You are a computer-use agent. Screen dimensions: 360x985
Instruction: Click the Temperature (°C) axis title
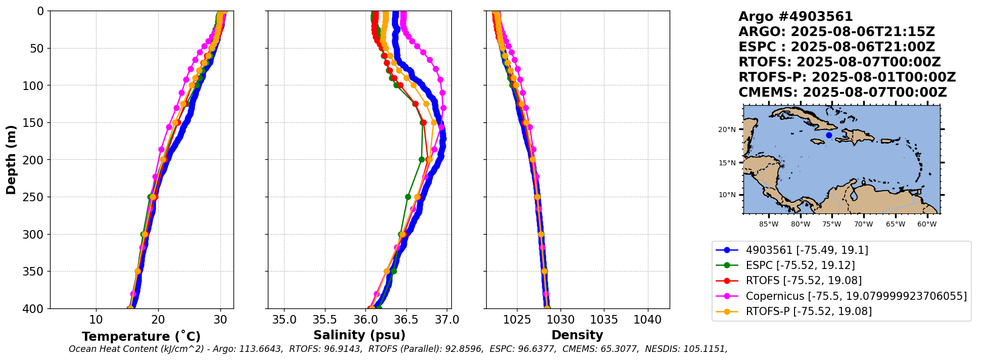click(141, 337)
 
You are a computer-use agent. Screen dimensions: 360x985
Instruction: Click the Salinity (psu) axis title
click(359, 335)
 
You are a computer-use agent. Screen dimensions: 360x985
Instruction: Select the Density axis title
click(577, 335)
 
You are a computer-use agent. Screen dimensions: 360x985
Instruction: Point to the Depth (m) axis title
click(11, 160)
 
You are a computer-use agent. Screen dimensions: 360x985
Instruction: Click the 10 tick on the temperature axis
click(96, 320)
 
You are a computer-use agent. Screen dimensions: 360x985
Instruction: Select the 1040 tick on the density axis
click(647, 320)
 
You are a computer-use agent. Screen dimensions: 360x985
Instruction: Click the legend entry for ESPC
click(800, 265)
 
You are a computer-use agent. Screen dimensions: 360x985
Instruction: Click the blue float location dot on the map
click(829, 135)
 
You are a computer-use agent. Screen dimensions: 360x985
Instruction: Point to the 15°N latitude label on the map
click(727, 163)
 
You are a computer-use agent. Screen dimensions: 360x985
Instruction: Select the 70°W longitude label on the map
click(864, 224)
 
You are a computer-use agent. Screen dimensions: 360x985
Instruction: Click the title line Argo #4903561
click(795, 17)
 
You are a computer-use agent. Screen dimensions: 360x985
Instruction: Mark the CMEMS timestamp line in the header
click(842, 93)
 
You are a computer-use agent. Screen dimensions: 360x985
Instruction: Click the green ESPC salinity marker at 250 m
click(408, 197)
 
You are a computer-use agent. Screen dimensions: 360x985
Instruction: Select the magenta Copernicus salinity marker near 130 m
click(443, 108)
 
